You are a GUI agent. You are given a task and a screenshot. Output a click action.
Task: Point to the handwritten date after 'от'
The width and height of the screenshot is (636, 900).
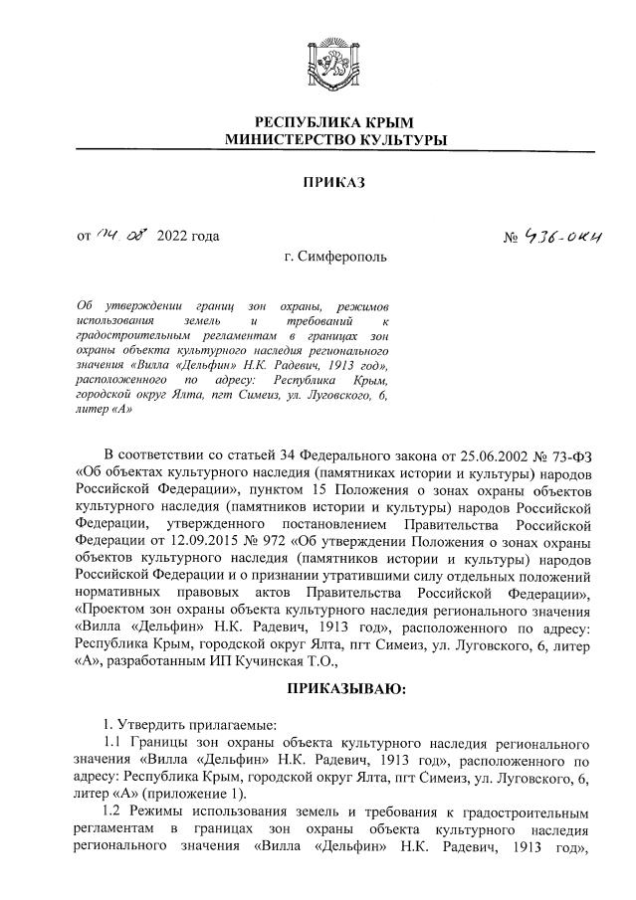120,235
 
